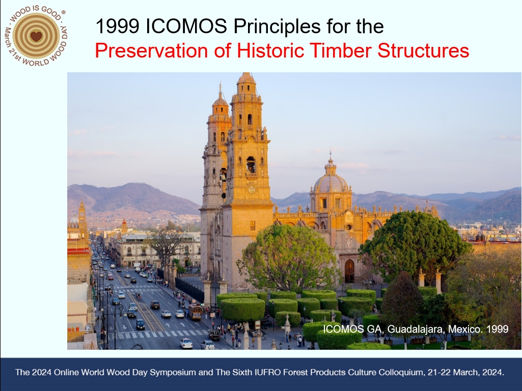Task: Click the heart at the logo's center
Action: click(36, 36)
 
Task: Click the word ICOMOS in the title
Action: click(186, 26)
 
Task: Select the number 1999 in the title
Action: click(117, 26)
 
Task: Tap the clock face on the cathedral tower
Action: click(252, 189)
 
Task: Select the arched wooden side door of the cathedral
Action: click(349, 271)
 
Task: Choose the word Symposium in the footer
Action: click(173, 372)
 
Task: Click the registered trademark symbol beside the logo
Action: click(63, 12)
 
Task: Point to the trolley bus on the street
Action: click(195, 312)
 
